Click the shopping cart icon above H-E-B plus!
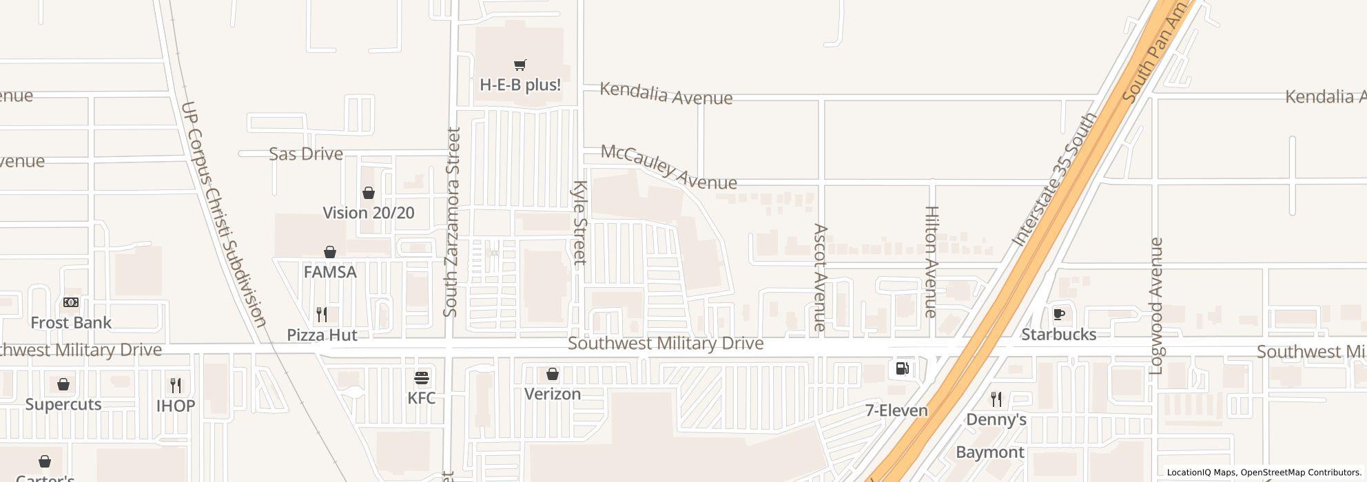[520, 65]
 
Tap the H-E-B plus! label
[520, 85]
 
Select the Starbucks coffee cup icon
[1059, 315]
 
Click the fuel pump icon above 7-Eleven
[902, 368]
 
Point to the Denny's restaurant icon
[996, 398]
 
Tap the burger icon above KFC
[422, 378]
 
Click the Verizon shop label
[553, 394]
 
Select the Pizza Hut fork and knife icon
[322, 315]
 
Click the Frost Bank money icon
[71, 302]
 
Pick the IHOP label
[176, 406]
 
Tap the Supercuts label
[63, 404]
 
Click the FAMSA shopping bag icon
[330, 252]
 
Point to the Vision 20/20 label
[369, 213]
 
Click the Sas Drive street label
[306, 154]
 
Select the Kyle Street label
[579, 223]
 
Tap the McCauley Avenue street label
[668, 167]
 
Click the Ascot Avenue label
[820, 277]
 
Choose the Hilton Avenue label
[931, 262]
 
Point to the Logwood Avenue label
[1156, 306]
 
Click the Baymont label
[990, 452]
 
